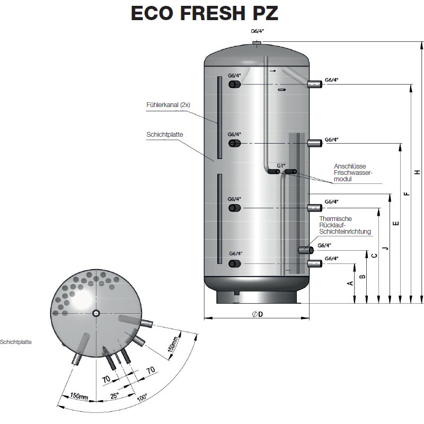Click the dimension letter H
(418, 172)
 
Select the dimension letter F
(406, 194)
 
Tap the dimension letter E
(395, 224)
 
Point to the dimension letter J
(385, 247)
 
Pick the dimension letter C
(374, 255)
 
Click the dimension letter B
(363, 276)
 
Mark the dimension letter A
(350, 283)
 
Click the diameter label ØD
(258, 314)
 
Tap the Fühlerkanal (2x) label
(168, 104)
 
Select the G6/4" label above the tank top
(257, 31)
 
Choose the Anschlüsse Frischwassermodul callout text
(354, 173)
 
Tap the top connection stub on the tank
(257, 42)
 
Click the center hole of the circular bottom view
(95, 313)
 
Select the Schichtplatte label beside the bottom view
(16, 342)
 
